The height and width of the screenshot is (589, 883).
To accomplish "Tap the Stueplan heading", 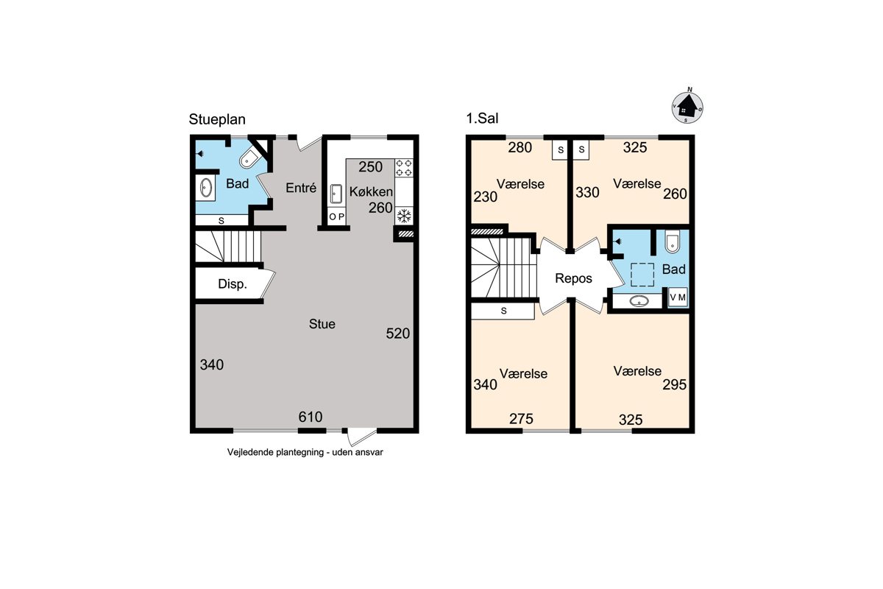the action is tap(217, 119).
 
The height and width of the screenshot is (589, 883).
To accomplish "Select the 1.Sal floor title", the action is tap(482, 118).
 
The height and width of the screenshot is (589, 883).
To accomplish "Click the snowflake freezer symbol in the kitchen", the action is tap(404, 216).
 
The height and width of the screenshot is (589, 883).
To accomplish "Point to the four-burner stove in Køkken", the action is tap(404, 168).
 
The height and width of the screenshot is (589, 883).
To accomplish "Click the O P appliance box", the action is tap(337, 216).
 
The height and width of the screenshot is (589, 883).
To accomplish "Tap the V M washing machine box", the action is tap(678, 297).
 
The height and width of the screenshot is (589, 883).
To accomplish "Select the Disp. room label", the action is tap(233, 283).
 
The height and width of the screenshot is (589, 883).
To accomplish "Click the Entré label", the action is tap(301, 188).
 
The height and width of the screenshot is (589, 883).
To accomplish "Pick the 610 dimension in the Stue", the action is tap(311, 417).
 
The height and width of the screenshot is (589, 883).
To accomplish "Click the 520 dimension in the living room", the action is tap(398, 334).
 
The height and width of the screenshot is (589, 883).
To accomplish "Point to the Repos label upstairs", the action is tap(573, 278).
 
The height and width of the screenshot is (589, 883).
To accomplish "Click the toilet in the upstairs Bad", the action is tap(672, 241).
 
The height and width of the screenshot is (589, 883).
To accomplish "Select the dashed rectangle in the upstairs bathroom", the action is tap(642, 275).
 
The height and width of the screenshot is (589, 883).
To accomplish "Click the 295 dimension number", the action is tap(675, 384).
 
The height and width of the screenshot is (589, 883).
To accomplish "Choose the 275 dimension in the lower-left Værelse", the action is tap(521, 419).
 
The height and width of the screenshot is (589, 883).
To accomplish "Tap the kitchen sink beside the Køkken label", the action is tap(336, 194).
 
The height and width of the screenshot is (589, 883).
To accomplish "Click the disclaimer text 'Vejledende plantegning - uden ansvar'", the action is tap(305, 452).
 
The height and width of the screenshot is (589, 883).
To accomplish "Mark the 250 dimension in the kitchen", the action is tap(371, 167).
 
